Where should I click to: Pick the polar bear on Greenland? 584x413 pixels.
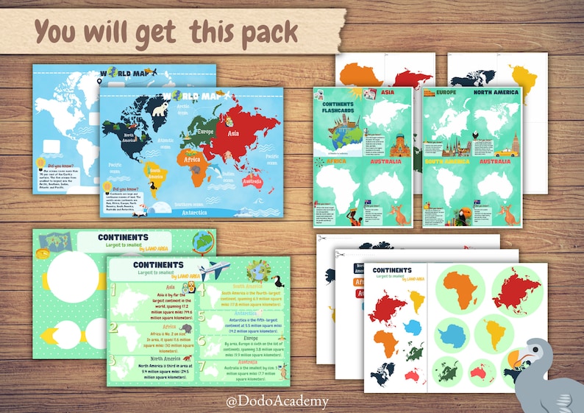point(159,109)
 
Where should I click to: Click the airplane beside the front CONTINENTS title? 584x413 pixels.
point(214,269)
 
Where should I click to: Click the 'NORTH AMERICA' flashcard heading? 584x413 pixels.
point(496,92)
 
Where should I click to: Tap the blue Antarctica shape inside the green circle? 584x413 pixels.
point(453,336)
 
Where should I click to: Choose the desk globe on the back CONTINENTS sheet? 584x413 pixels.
point(202,241)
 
